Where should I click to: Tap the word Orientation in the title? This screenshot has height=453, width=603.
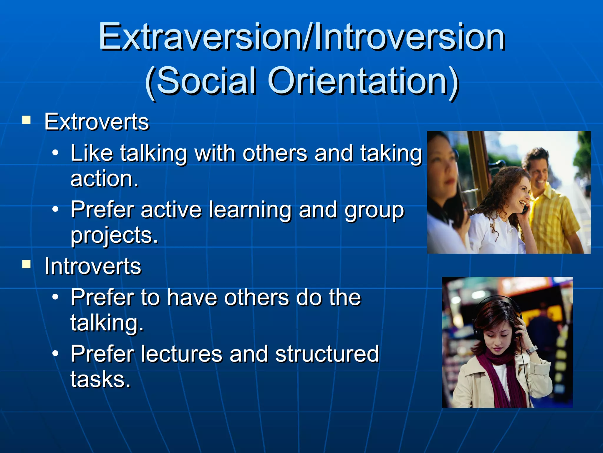(363, 81)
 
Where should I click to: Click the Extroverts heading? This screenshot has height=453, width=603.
(97, 122)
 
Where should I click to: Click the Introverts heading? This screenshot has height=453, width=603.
(93, 266)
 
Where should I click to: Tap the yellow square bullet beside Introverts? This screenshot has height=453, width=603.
(26, 265)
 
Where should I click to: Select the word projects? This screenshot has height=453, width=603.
(114, 235)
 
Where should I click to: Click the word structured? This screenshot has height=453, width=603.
(327, 354)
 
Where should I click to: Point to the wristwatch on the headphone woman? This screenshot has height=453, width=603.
(531, 350)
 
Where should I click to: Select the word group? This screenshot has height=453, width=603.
(375, 210)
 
